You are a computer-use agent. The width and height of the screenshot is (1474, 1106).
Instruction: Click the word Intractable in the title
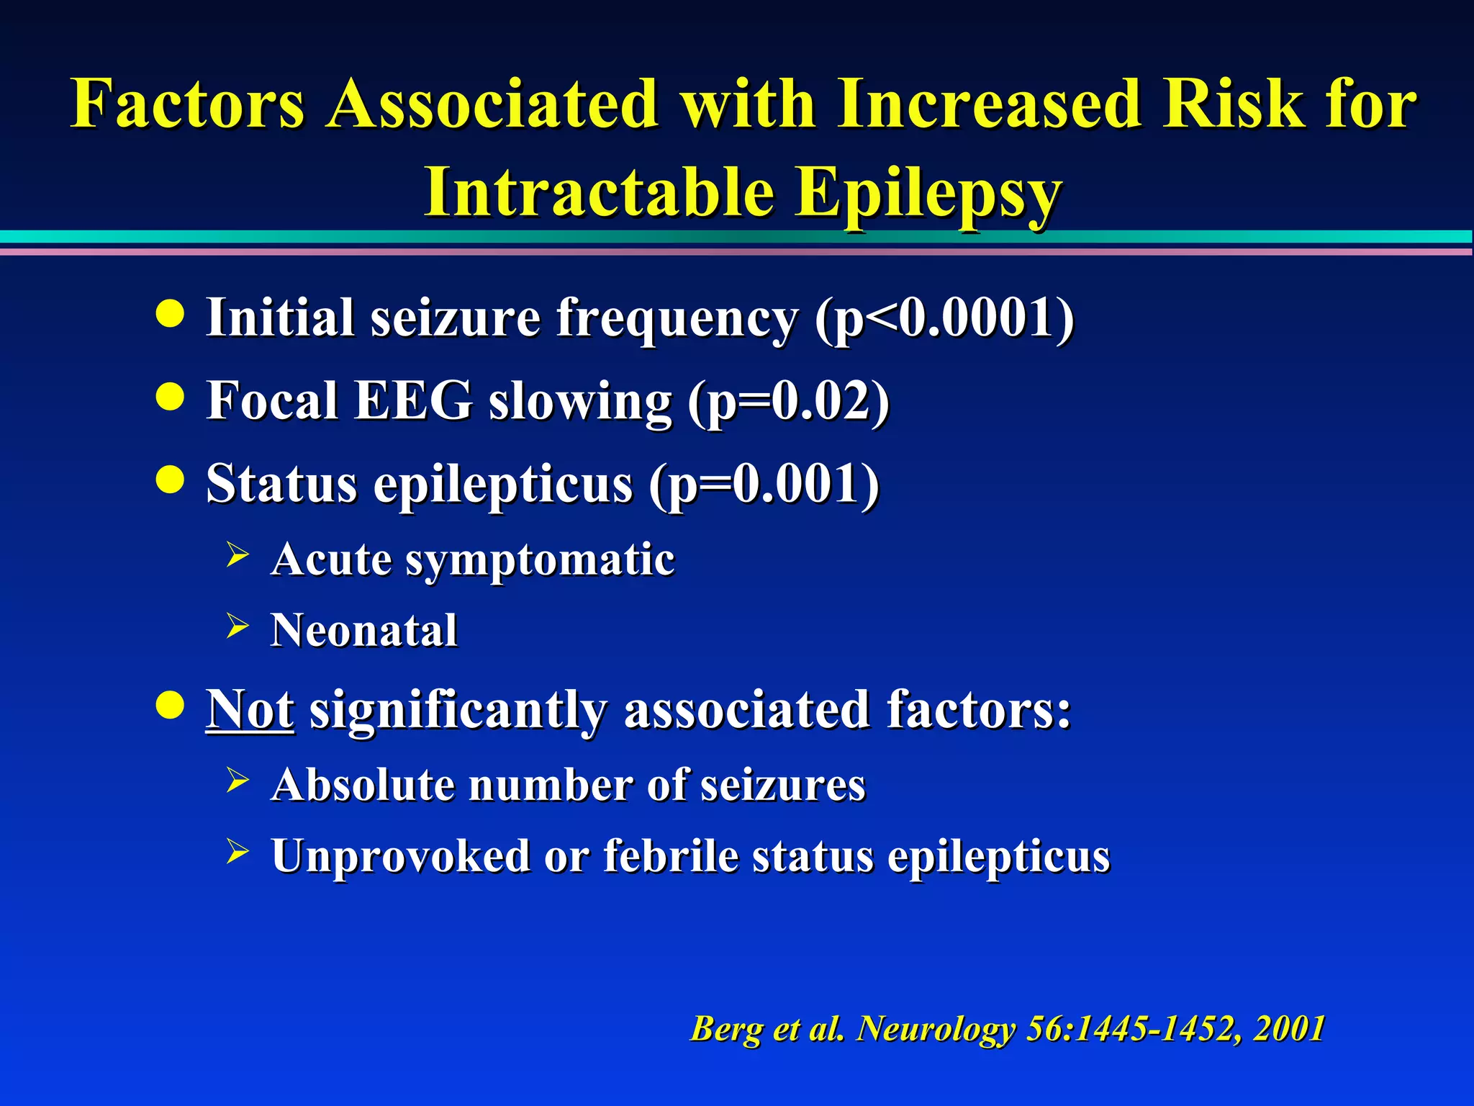(599, 192)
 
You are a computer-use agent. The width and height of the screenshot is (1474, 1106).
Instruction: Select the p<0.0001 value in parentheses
(944, 318)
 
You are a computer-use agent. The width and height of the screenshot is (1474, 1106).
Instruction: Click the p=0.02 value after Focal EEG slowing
(789, 401)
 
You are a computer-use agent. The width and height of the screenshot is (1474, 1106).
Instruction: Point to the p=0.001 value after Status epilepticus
(764, 484)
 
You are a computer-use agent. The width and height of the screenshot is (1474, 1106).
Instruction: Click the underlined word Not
(250, 710)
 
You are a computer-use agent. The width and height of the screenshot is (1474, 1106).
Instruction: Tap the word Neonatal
(364, 630)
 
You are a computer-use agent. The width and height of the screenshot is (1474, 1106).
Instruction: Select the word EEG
(414, 400)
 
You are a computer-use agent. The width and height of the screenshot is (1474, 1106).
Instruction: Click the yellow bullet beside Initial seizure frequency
(170, 314)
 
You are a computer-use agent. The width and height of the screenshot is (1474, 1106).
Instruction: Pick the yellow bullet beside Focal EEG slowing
(170, 397)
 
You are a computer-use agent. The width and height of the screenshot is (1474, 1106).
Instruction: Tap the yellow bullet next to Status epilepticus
(170, 480)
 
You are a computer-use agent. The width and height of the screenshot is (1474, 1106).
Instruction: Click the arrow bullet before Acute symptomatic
(237, 555)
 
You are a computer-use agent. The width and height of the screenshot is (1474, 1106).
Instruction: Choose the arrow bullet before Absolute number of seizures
(237, 781)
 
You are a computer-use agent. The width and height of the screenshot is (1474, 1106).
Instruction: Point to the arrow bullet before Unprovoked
(237, 851)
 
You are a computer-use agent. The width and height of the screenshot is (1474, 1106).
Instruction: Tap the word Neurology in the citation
(936, 1028)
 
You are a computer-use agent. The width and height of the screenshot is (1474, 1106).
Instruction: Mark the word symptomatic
(540, 559)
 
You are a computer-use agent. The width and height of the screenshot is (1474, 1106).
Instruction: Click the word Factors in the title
(188, 104)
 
